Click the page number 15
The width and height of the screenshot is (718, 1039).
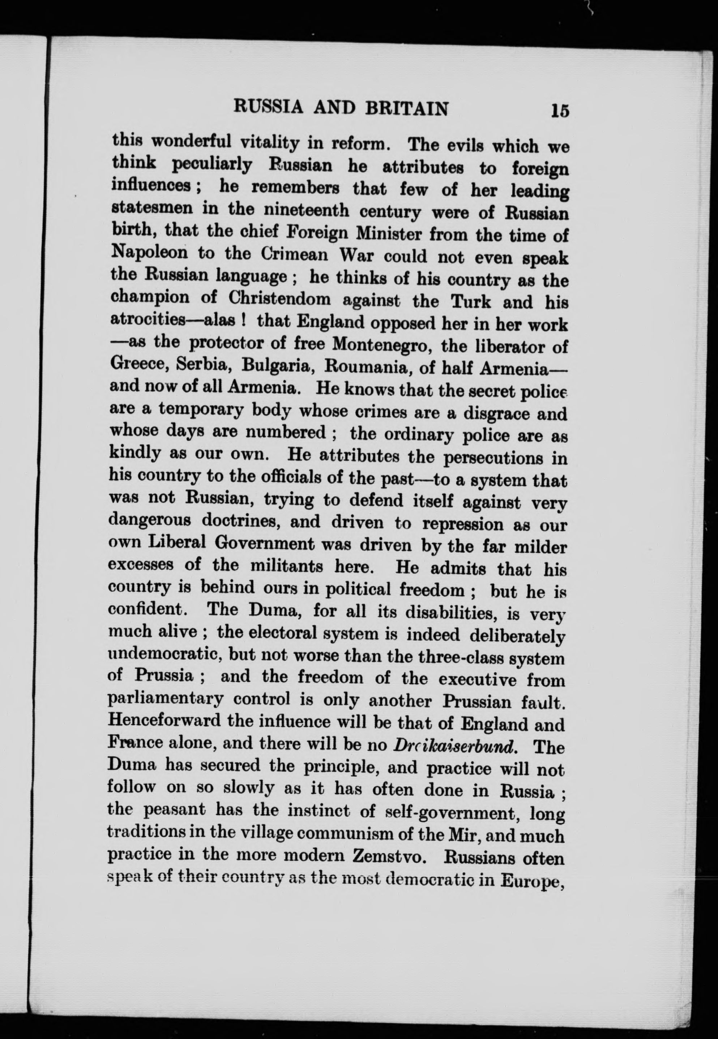(559, 111)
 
